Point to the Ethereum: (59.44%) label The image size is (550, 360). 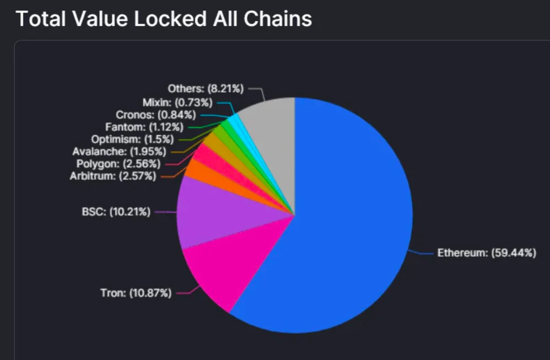[486, 253]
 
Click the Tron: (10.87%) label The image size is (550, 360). [136, 293]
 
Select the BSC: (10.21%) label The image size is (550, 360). [116, 211]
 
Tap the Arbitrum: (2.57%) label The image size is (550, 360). [113, 176]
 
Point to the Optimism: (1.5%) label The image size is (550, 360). [125, 139]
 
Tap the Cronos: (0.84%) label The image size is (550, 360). [156, 115]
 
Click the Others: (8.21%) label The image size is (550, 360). [206, 88]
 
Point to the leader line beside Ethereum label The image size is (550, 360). [422, 253]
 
